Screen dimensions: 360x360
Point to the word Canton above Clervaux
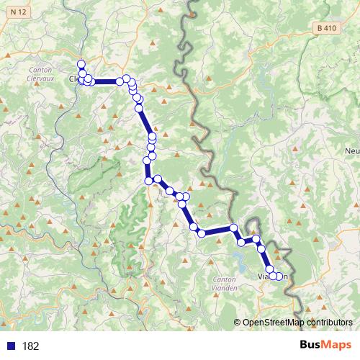pos(39,69)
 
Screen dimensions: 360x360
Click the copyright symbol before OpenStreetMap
pos(238,323)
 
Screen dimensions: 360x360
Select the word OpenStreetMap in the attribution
pos(272,323)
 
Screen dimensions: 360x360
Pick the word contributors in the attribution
pos(328,323)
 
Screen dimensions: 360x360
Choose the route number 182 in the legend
pos(30,346)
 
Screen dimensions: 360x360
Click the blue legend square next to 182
pos(11,346)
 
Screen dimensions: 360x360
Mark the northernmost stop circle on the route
pos(81,63)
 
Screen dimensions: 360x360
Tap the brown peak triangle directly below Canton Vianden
pos(230,300)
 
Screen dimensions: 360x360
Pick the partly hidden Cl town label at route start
pos(73,79)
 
